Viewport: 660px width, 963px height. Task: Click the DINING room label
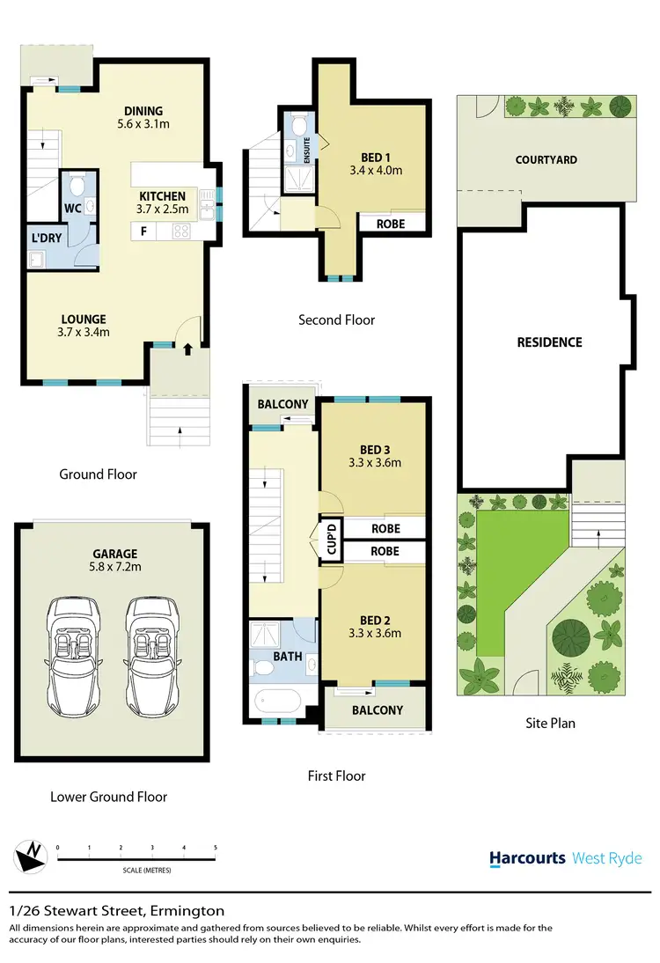[143, 111]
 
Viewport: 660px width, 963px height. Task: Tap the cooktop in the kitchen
[182, 232]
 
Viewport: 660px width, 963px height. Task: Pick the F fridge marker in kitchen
[141, 232]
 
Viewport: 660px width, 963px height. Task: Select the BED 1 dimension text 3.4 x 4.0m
[376, 171]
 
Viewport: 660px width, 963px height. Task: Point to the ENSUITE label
[307, 151]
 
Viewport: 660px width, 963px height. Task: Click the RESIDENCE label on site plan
[549, 342]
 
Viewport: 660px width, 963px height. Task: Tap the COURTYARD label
[546, 160]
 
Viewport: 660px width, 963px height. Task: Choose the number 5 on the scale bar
[216, 848]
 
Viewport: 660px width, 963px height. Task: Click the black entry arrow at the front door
[187, 349]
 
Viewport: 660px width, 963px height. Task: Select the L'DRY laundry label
[44, 239]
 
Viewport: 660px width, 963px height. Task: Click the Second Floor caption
[336, 320]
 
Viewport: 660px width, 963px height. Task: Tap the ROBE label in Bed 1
[391, 224]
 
